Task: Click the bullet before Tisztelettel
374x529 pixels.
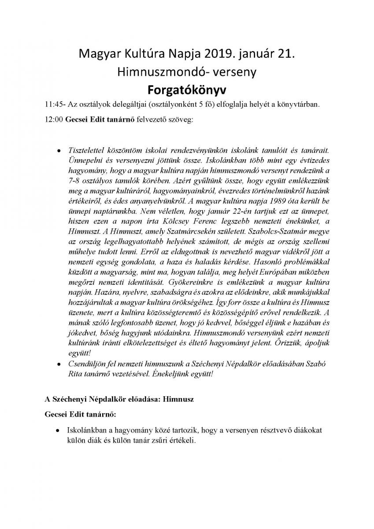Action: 59,151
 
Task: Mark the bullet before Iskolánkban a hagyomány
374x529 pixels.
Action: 59,429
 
